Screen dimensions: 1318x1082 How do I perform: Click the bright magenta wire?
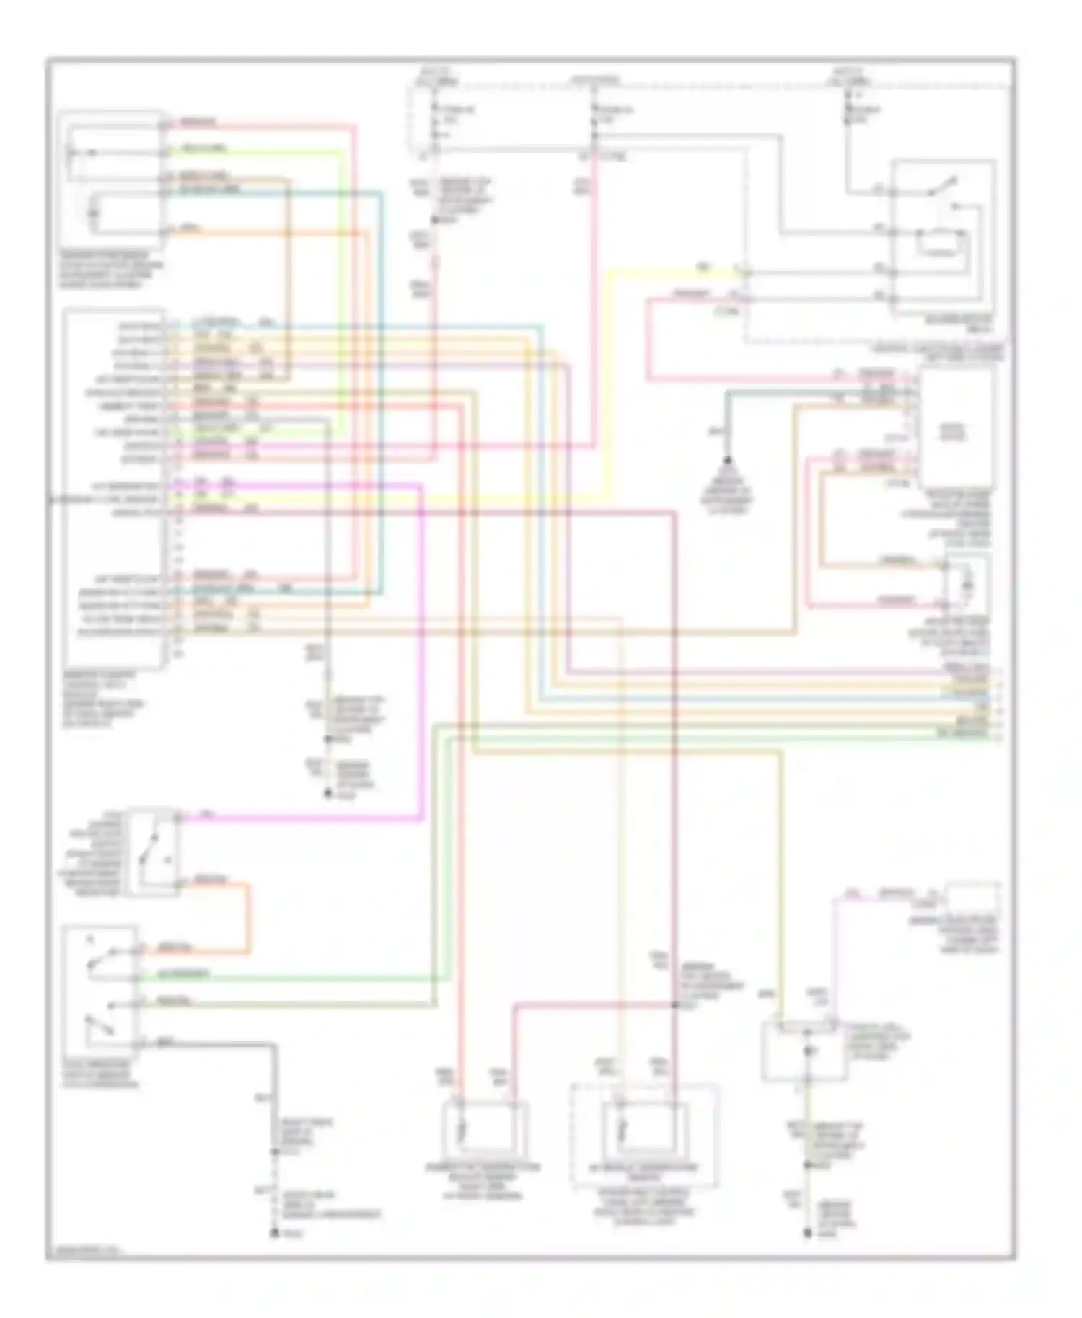coord(421,649)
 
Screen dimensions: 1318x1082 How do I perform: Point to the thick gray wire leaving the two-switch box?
coord(273,1082)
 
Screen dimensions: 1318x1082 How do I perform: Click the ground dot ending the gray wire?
coord(274,1234)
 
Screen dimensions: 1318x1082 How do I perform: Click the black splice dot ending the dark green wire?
coord(727,460)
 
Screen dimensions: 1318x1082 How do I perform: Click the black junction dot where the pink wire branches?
coord(675,1004)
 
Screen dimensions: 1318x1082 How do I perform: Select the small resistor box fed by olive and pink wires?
coord(967,581)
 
